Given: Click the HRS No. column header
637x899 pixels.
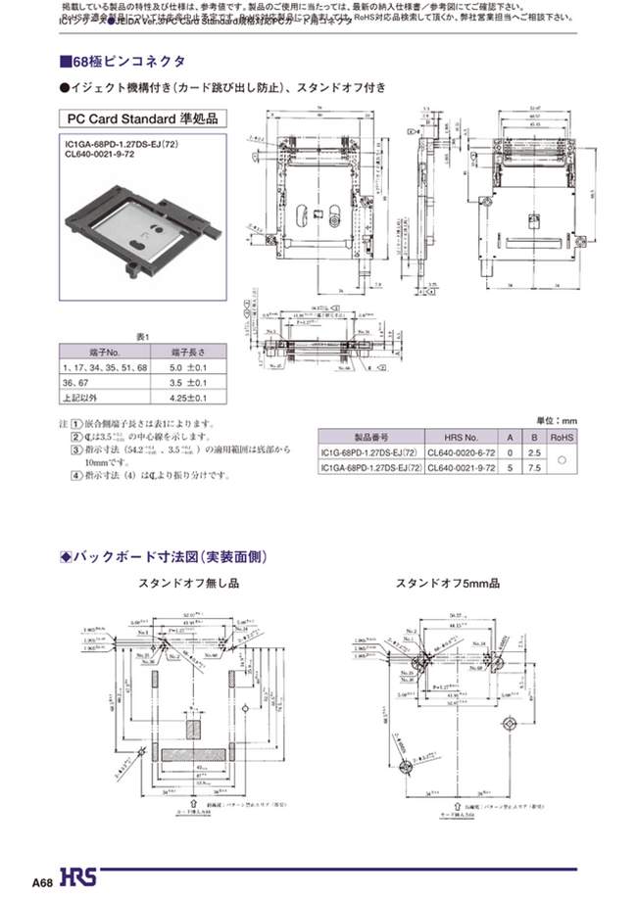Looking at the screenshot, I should click(x=461, y=439).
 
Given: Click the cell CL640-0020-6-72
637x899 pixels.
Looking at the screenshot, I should click(x=461, y=454).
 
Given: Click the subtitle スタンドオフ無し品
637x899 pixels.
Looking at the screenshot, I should click(x=190, y=584).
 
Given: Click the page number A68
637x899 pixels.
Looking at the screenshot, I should click(x=41, y=882).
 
